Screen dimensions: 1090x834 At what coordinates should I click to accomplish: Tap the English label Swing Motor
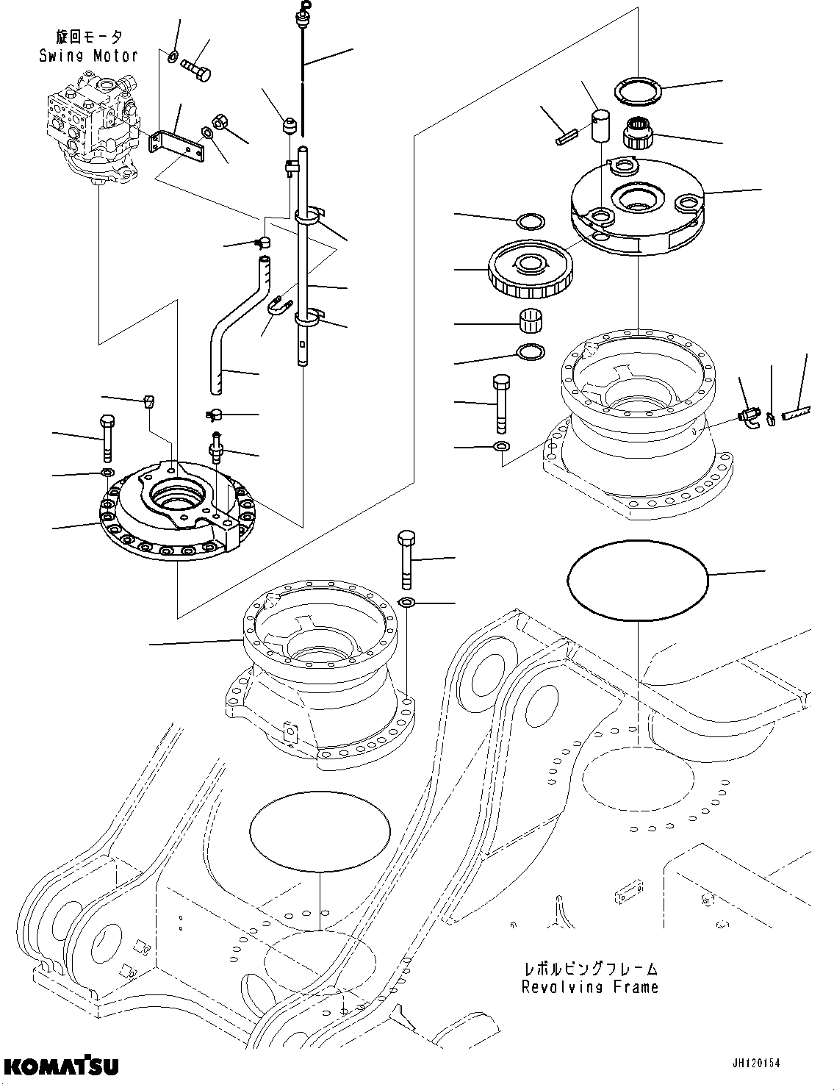(x=88, y=55)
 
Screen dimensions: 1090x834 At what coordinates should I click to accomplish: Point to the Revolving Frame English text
(x=589, y=987)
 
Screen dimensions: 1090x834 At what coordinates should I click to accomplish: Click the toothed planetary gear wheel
(x=529, y=273)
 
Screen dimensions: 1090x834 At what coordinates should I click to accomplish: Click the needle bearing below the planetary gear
(x=530, y=321)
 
